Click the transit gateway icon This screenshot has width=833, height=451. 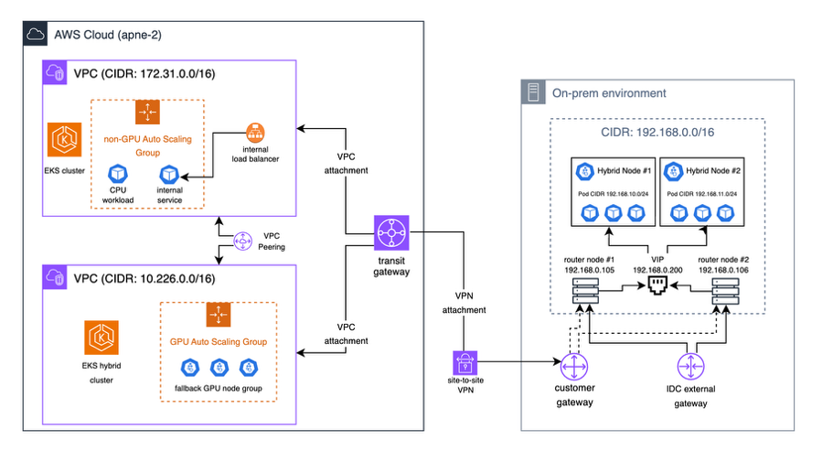(x=390, y=237)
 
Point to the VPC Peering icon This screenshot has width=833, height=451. (x=243, y=241)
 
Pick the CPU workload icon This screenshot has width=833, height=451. (x=117, y=174)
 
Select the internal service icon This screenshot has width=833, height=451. (x=169, y=174)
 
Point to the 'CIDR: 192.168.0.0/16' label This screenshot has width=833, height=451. (x=657, y=133)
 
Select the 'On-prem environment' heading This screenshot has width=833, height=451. (x=609, y=93)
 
